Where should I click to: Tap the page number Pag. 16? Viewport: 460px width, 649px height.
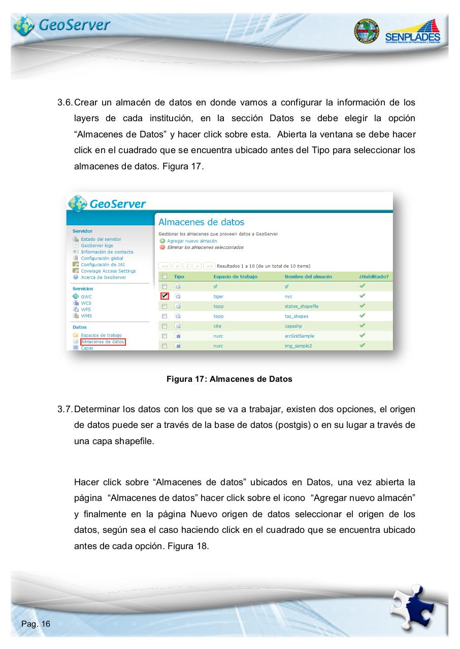(x=36, y=624)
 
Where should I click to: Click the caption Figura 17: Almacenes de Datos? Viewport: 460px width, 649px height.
(x=229, y=379)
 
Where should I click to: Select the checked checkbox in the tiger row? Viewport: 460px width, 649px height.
(x=165, y=296)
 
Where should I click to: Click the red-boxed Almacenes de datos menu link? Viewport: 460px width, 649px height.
(x=102, y=342)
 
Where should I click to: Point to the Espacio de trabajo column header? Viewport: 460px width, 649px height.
(x=235, y=276)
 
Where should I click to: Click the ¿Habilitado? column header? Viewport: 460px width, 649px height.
(x=374, y=276)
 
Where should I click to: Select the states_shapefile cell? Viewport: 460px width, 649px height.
(x=302, y=306)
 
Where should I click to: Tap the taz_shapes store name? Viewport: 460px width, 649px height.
(x=297, y=316)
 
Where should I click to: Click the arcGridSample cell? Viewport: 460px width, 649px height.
(x=301, y=336)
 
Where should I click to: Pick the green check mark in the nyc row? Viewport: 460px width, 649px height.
(x=362, y=296)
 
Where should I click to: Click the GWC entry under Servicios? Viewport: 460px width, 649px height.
(x=86, y=297)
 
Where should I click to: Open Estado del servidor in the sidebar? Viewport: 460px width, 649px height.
(x=101, y=239)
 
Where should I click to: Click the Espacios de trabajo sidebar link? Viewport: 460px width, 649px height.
(x=101, y=335)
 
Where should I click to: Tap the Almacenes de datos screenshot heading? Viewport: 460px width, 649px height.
(x=202, y=222)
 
